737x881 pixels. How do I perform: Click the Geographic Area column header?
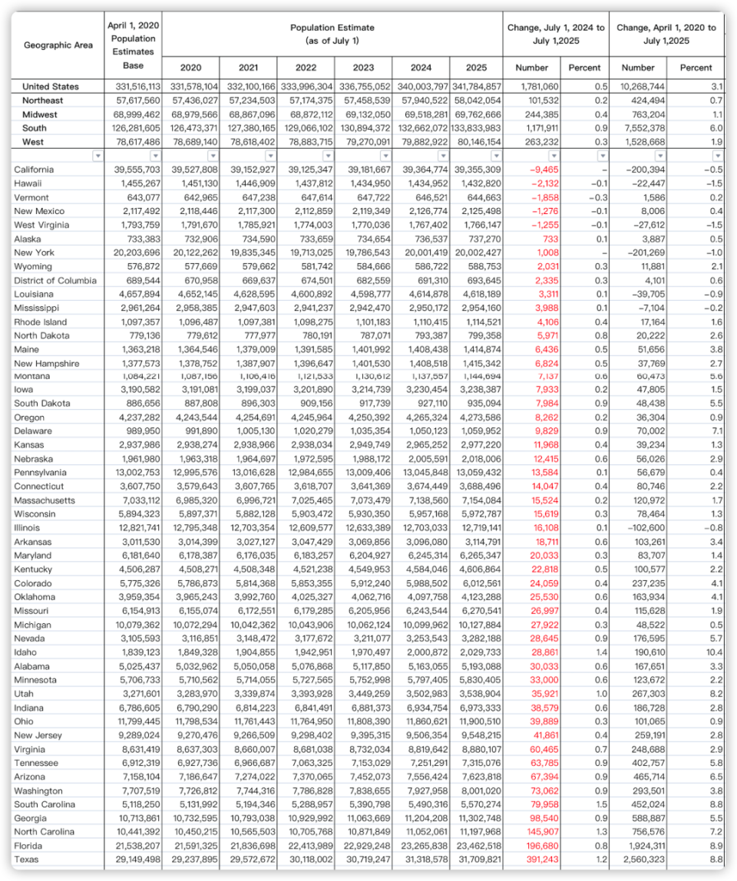[58, 45]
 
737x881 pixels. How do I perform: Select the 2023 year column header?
[362, 68]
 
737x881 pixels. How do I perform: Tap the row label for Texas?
[26, 860]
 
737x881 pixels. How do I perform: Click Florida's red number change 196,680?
[540, 846]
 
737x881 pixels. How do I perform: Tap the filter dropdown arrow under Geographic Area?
[97, 156]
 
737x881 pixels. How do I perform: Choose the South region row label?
[35, 128]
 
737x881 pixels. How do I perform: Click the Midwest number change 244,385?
[540, 114]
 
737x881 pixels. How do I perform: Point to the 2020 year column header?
[191, 68]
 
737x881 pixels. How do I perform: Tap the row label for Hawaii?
[28, 183]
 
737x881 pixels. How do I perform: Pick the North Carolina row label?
[45, 832]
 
